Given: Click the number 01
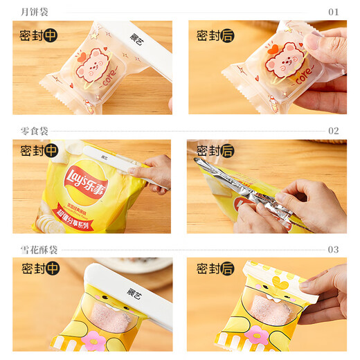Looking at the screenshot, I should coord(333,12).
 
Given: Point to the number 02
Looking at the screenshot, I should coord(333,130).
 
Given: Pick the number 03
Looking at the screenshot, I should coord(333,249).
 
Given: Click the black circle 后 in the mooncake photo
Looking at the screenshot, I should coord(226,35).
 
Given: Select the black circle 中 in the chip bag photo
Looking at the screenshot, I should coord(51,150).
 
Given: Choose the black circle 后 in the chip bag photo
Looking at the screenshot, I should coord(226,151).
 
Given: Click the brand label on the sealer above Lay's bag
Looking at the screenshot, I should coord(104,156).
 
